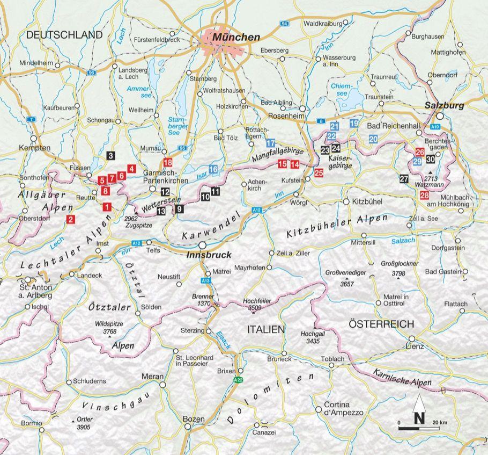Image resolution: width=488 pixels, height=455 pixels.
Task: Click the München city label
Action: tap(236, 37)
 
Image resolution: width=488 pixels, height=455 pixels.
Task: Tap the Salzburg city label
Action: tap(444, 106)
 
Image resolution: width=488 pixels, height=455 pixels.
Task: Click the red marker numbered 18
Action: tap(168, 162)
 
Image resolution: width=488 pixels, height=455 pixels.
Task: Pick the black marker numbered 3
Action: tap(110, 156)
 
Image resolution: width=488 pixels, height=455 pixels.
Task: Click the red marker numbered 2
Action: tap(70, 219)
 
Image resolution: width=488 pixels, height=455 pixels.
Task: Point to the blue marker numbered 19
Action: tap(353, 124)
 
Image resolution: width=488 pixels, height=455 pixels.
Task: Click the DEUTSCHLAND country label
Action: tap(64, 35)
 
